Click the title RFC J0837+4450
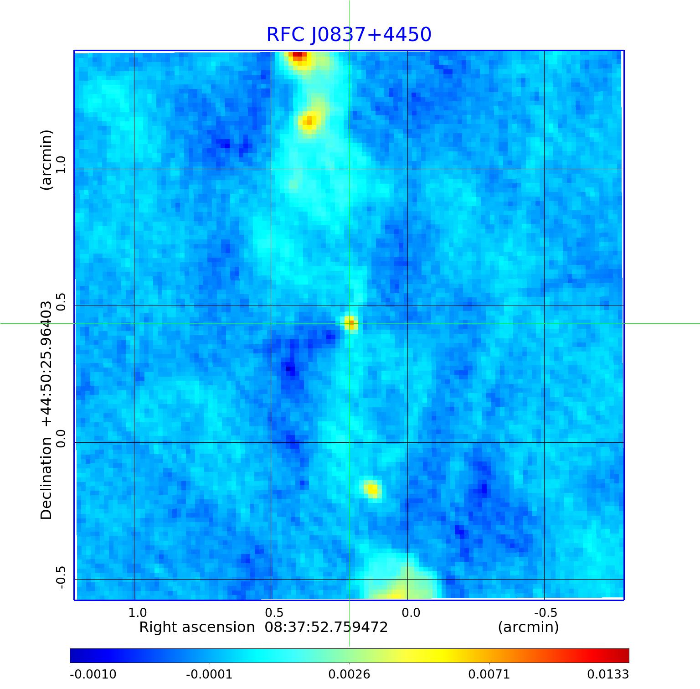349,35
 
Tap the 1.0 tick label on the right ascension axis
137,612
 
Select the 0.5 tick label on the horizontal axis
274,612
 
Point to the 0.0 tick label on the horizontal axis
411,612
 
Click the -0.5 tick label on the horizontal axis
545,612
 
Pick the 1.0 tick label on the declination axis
61,165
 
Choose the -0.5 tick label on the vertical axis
61,577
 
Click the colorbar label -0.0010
93,674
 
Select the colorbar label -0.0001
209,674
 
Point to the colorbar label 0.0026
349,674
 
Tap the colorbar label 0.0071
489,674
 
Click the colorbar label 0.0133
607,674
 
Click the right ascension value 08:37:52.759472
326,627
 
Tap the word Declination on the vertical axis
46,478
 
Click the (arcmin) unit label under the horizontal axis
528,627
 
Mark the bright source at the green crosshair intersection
350,323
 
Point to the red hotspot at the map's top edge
298,56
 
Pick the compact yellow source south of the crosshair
372,489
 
